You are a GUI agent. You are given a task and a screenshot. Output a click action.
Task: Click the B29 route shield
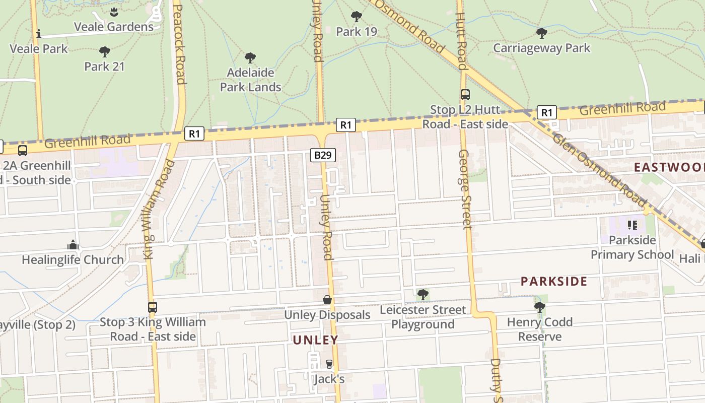click(x=322, y=155)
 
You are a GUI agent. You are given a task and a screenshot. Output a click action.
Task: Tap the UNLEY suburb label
click(x=316, y=340)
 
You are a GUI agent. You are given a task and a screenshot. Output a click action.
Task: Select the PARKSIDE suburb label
click(x=554, y=282)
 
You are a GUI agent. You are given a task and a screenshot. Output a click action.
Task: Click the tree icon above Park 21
click(x=104, y=51)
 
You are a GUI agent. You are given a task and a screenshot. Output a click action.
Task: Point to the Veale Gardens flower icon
click(x=114, y=12)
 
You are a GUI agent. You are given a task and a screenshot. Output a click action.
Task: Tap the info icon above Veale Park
click(x=39, y=34)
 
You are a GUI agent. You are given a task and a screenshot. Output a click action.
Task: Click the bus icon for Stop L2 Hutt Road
click(x=465, y=94)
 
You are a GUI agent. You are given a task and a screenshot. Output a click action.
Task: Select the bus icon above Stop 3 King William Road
click(x=152, y=307)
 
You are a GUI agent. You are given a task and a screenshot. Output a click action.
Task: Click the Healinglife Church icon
click(x=73, y=245)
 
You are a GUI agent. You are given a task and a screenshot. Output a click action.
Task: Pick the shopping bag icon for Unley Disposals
click(x=327, y=300)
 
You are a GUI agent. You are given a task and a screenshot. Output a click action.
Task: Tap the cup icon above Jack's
click(x=329, y=364)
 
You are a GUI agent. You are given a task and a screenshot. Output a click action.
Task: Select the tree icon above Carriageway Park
click(x=541, y=33)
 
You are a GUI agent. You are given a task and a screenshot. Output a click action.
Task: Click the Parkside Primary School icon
click(x=632, y=225)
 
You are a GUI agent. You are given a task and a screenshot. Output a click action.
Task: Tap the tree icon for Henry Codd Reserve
click(x=539, y=307)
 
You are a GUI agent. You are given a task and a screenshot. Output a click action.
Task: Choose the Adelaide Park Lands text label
click(x=250, y=80)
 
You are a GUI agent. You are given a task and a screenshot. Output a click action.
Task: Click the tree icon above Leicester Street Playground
click(x=423, y=294)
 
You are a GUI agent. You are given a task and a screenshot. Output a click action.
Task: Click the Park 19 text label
click(x=357, y=32)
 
